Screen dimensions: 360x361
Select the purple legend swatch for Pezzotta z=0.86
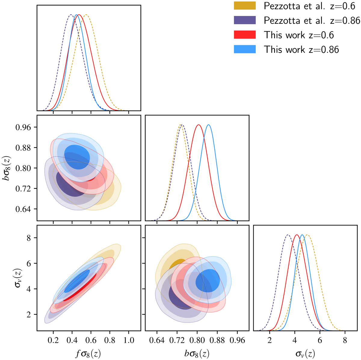point(245,20)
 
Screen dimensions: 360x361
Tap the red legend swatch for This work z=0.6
point(245,35)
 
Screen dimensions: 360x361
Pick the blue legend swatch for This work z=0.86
point(245,49)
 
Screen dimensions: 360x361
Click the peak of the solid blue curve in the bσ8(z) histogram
point(208,125)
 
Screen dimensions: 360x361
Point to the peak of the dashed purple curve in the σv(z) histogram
point(288,235)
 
